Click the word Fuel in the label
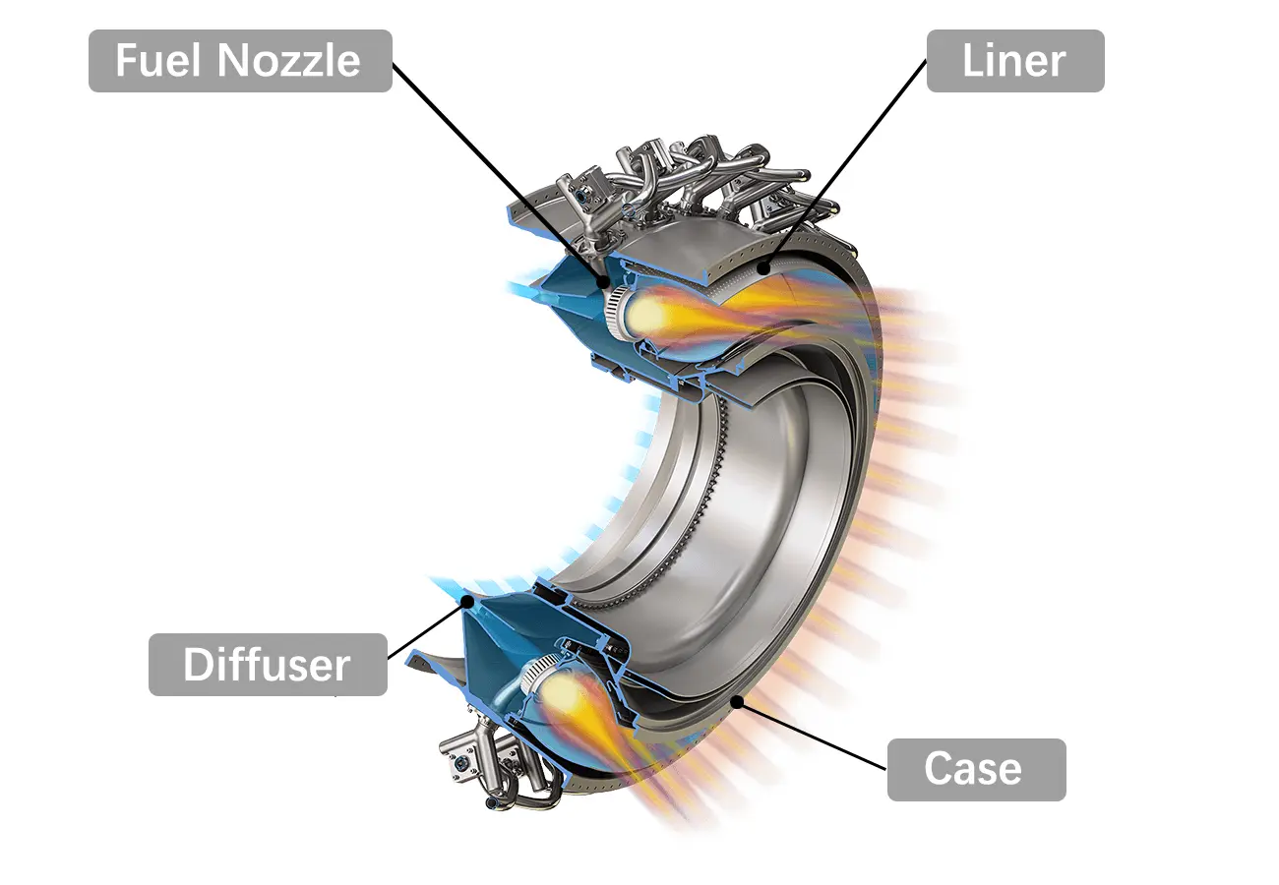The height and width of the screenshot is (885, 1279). (x=157, y=61)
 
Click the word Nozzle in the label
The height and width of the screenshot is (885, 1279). (x=289, y=61)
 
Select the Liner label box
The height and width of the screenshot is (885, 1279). (x=1014, y=61)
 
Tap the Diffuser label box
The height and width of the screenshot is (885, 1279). (x=268, y=665)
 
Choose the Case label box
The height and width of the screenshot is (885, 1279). (x=975, y=769)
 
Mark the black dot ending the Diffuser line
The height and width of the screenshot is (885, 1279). (x=471, y=598)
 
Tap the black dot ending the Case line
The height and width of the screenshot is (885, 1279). (x=739, y=700)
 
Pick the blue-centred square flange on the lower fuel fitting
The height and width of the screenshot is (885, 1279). (x=460, y=760)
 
